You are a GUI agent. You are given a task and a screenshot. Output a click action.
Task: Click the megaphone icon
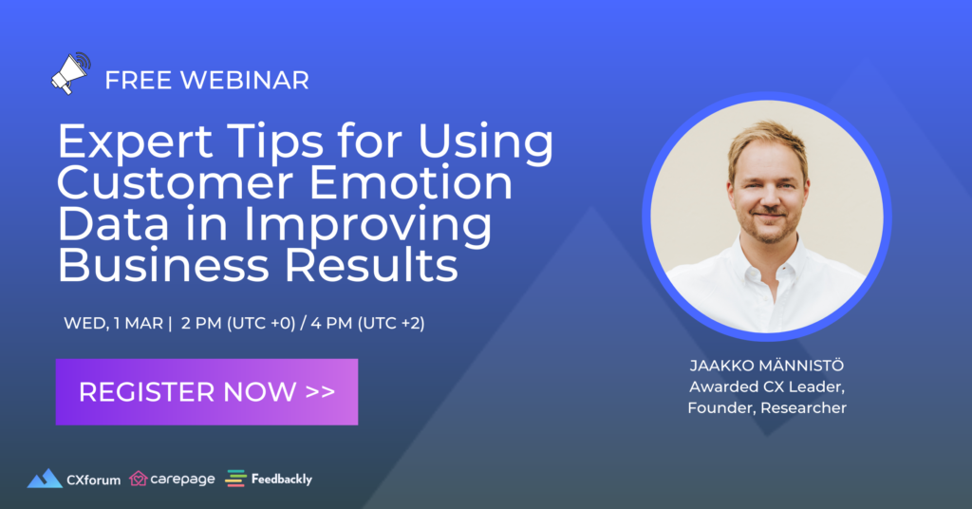pos(70,74)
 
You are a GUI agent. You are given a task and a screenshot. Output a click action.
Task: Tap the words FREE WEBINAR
pos(206,81)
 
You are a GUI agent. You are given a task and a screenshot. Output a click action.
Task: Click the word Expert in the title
pos(136,141)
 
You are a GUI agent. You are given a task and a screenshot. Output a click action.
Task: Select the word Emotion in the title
pos(411,182)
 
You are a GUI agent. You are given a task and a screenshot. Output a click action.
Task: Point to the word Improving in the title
pos(367,224)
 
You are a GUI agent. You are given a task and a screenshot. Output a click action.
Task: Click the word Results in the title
pos(371,265)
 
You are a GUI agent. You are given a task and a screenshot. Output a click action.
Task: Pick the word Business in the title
pos(163,265)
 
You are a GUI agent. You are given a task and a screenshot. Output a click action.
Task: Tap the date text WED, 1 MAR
pos(114,323)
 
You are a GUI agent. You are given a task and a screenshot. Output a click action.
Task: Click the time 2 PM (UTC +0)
pos(238,323)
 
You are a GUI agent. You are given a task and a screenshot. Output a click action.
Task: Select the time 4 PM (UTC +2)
pos(367,323)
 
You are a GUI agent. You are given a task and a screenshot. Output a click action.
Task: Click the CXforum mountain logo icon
pos(45,479)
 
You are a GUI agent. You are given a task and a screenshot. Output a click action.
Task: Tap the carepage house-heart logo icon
pos(139,479)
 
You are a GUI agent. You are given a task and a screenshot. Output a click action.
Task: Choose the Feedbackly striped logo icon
pos(235,479)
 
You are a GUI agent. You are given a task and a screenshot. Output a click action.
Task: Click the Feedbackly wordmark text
pos(281,480)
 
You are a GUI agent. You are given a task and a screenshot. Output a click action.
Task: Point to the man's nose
pos(770,198)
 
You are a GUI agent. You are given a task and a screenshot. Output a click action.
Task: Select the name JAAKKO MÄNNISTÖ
pos(767,366)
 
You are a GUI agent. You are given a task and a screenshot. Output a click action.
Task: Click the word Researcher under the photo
pos(803,408)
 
